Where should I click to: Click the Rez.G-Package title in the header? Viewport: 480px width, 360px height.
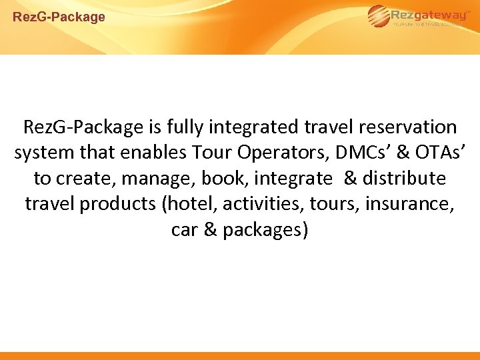click(59, 17)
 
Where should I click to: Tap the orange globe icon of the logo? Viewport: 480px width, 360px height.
click(377, 16)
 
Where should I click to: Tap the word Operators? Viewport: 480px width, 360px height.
click(265, 153)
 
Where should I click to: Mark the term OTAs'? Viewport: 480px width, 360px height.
click(434, 153)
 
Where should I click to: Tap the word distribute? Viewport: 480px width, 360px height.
click(404, 179)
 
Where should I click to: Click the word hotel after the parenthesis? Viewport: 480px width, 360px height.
click(189, 204)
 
